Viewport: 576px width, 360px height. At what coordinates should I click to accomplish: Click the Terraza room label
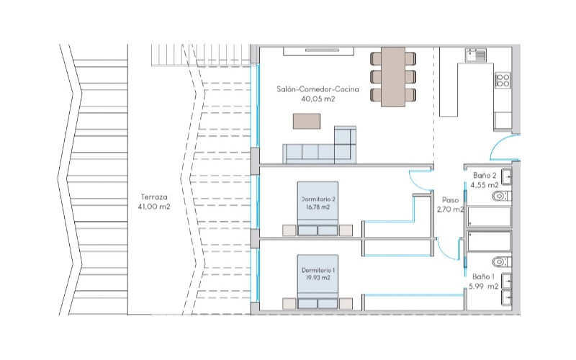tap(154, 197)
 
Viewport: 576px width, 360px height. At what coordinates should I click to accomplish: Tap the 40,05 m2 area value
tap(318, 99)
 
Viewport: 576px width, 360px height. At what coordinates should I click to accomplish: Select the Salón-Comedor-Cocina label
tap(318, 89)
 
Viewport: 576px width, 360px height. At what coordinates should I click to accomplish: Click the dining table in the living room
tap(393, 76)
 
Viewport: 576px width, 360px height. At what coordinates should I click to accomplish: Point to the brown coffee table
tap(307, 121)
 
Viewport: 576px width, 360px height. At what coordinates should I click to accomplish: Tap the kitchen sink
tap(476, 55)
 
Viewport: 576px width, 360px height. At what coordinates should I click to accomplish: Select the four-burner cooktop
tap(502, 79)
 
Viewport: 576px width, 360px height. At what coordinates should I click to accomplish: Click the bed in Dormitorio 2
tap(318, 208)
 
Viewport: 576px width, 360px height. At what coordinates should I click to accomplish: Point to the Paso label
tap(451, 200)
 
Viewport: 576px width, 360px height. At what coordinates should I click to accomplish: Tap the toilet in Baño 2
tap(501, 196)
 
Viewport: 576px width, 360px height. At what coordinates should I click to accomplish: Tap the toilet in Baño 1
tap(501, 262)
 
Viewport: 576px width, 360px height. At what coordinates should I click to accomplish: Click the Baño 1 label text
tap(483, 276)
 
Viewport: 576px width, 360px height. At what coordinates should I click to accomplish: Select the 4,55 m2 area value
tap(485, 185)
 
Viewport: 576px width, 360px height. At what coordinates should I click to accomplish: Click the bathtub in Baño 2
tap(490, 217)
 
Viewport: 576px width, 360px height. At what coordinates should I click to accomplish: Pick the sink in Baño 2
tap(507, 176)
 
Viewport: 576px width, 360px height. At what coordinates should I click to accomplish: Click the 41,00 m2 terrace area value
tap(154, 207)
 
